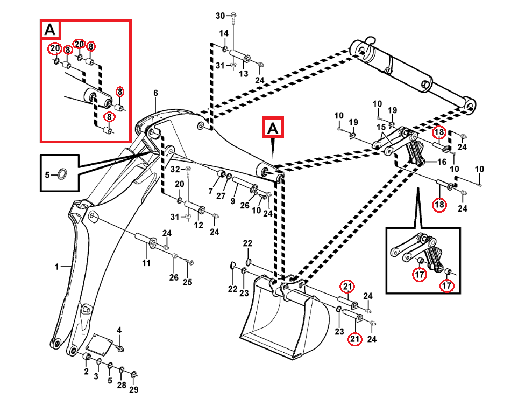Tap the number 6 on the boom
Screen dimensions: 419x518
(155, 93)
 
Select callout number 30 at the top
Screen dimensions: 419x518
(220, 16)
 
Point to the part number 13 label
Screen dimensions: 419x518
(244, 73)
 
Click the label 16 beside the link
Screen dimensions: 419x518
(442, 161)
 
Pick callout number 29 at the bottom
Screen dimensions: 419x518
(134, 390)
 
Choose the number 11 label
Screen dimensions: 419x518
(146, 263)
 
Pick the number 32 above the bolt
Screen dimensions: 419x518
(175, 170)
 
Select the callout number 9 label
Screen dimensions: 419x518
(233, 201)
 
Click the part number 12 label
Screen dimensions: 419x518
(198, 225)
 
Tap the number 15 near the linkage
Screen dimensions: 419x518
(381, 128)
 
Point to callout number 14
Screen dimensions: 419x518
(224, 33)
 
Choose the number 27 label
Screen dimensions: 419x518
(221, 196)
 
